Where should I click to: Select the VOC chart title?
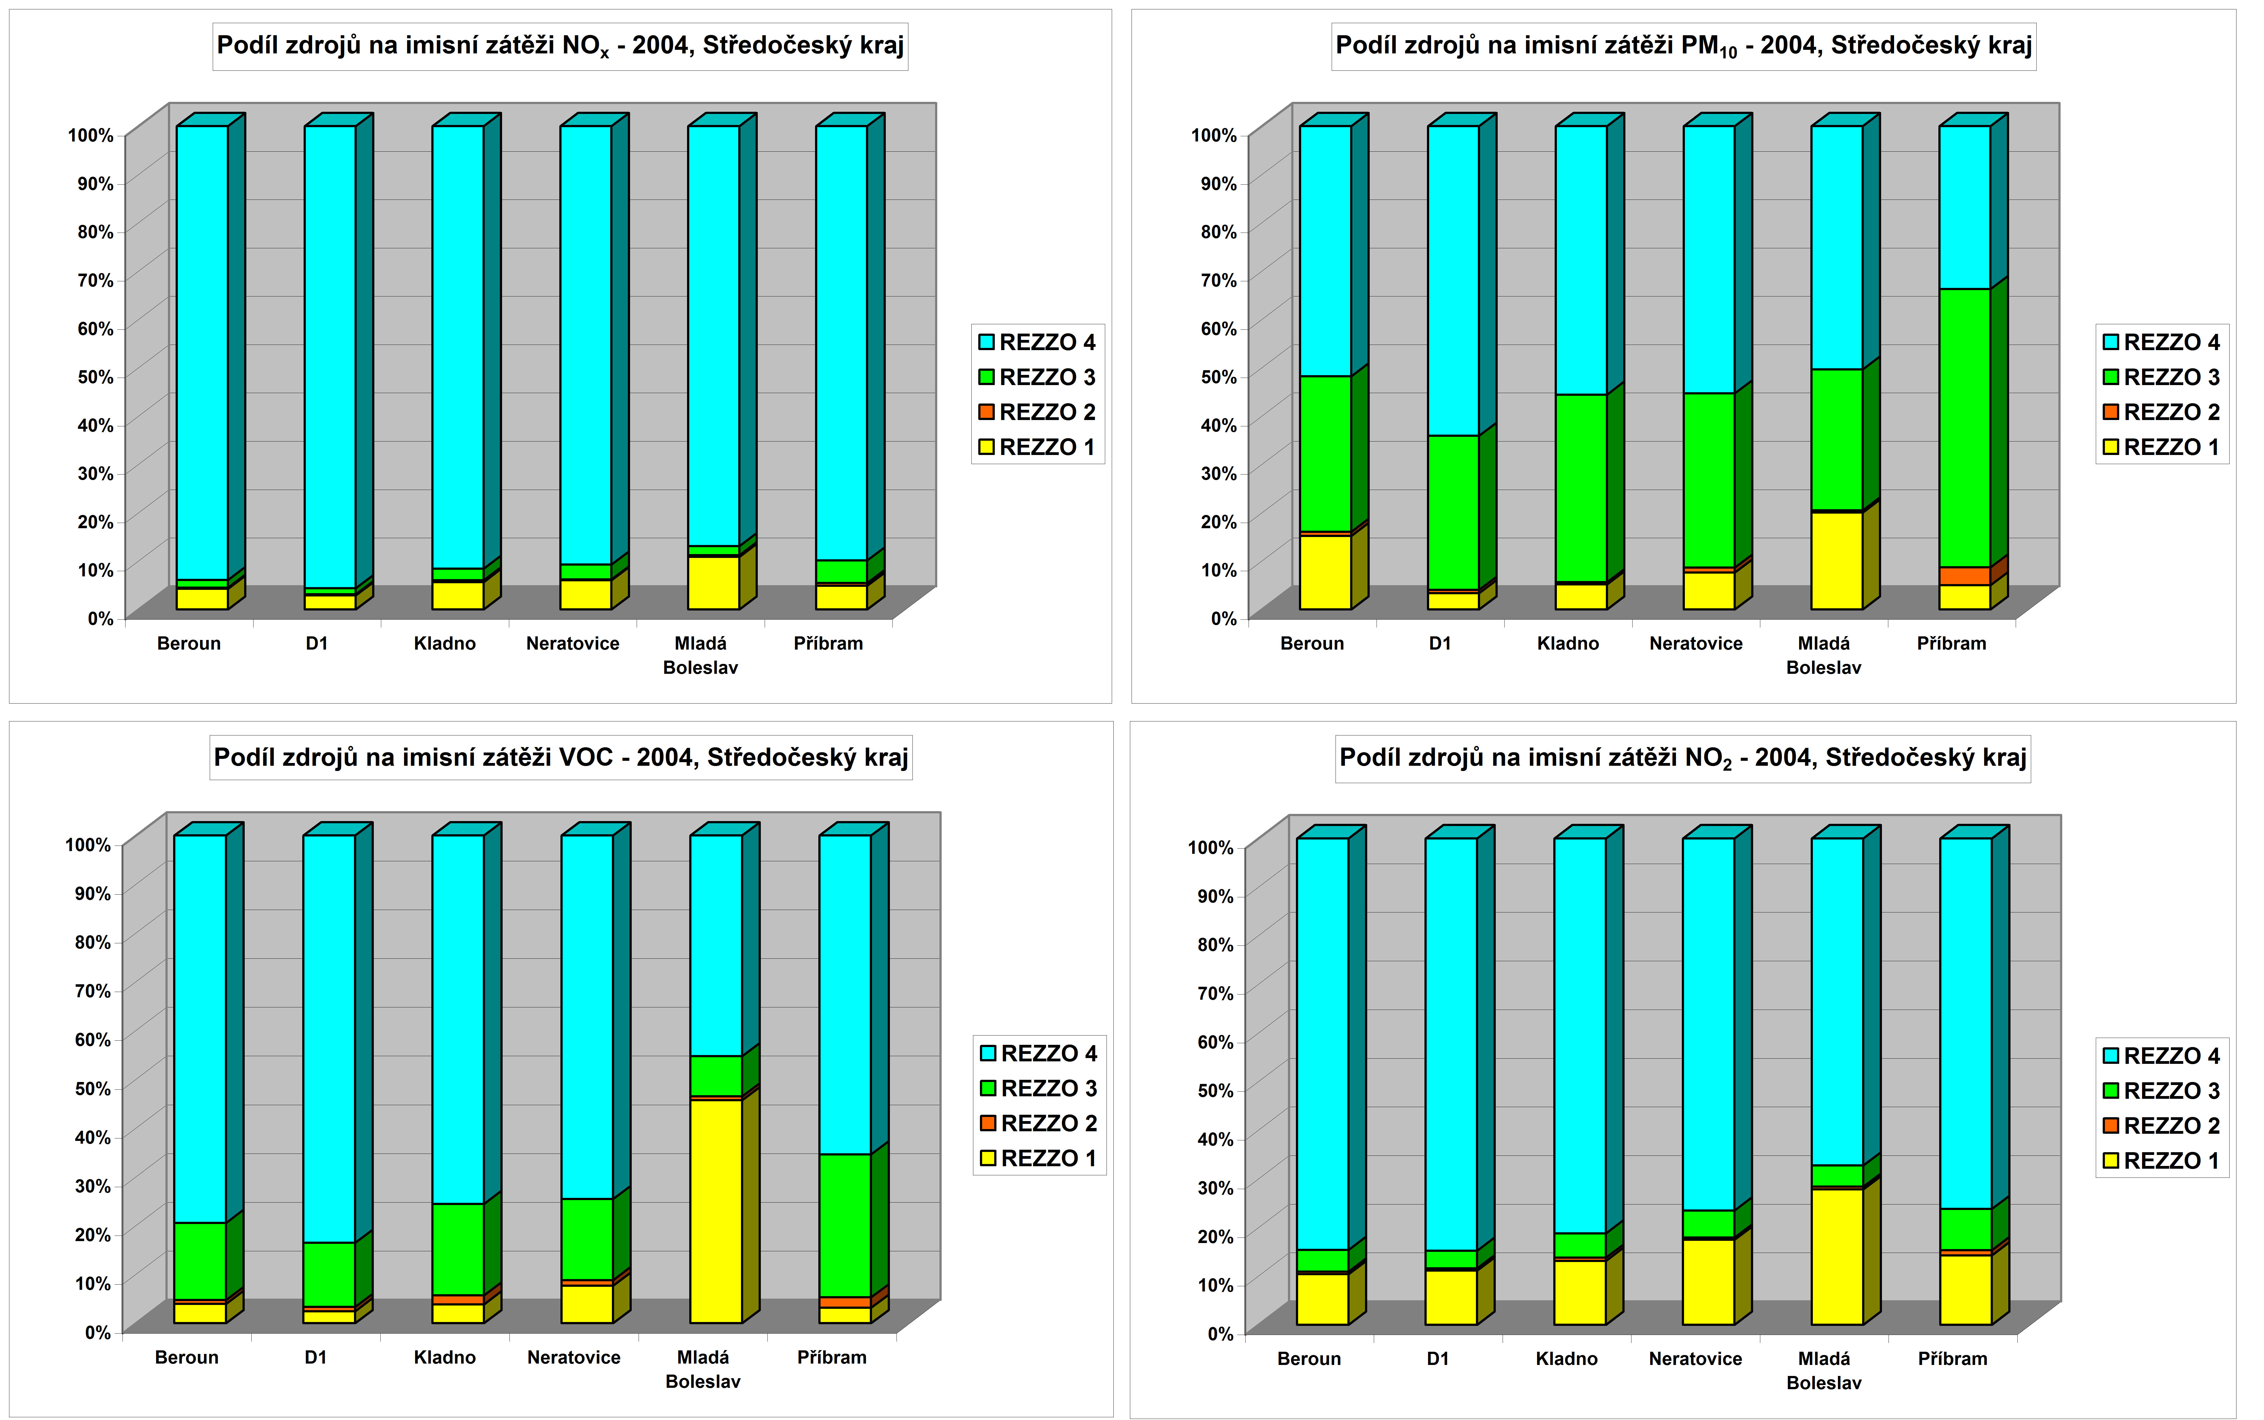[x=561, y=757]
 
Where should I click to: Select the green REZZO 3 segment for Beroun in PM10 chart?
[x=1325, y=454]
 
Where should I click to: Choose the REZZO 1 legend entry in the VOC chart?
[x=1039, y=1158]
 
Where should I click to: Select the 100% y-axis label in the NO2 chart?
[x=1210, y=847]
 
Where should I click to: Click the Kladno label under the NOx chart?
[x=445, y=643]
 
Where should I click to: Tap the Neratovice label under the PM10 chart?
[x=1696, y=643]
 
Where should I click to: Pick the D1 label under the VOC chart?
[x=315, y=1357]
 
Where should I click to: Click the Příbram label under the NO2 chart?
[x=1952, y=1359]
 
